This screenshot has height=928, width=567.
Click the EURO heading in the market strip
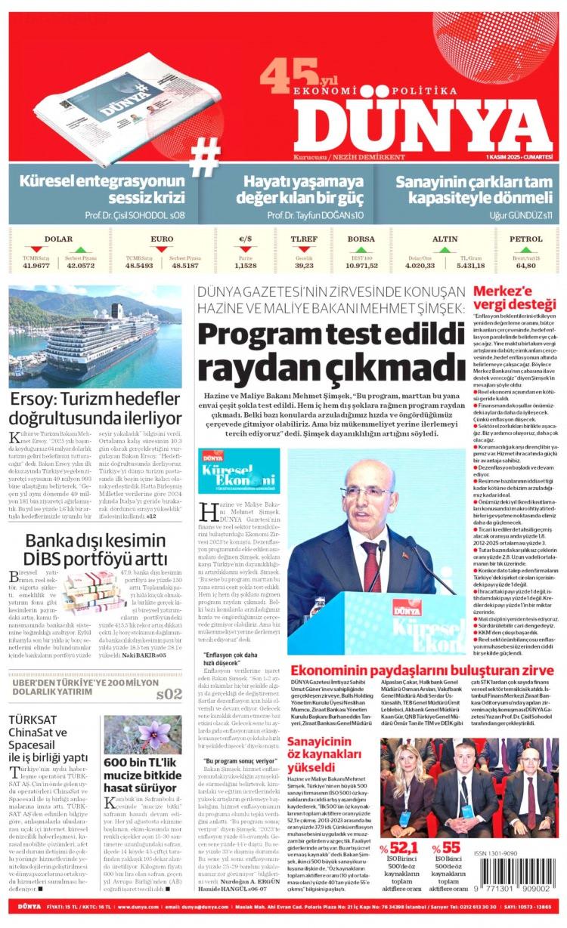[x=162, y=239]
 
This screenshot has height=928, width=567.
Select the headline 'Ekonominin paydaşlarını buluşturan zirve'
[x=422, y=670]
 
